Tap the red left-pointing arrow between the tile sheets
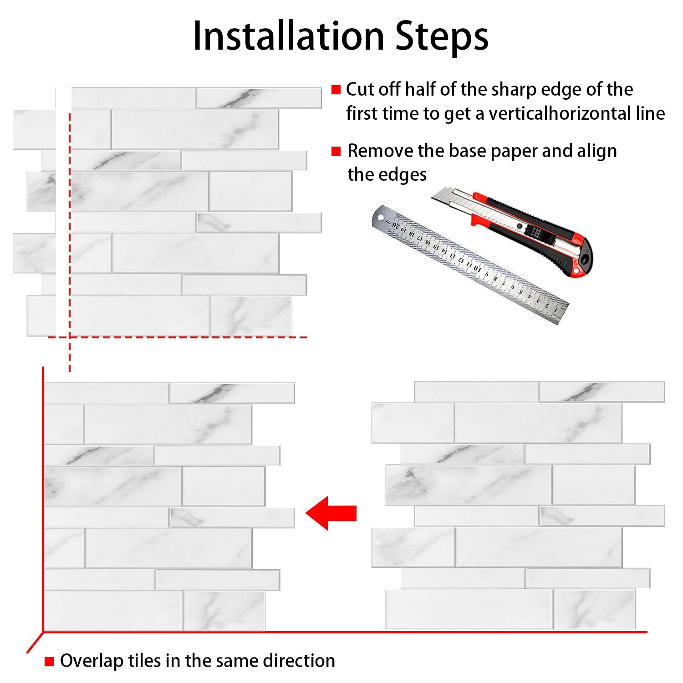click(331, 513)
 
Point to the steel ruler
click(470, 265)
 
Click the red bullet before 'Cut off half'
click(336, 90)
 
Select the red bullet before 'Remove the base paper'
click(336, 151)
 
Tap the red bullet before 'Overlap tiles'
click(49, 661)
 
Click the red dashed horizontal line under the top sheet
click(178, 337)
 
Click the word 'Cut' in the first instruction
click(360, 90)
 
